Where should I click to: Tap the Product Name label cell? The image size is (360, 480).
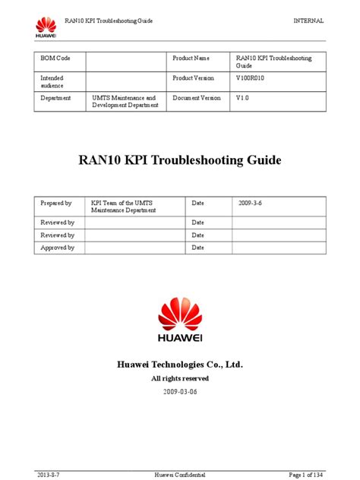(x=191, y=58)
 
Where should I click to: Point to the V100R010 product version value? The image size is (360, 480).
(x=252, y=78)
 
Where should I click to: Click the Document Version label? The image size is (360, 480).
(x=197, y=98)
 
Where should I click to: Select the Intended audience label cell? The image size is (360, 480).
(x=52, y=82)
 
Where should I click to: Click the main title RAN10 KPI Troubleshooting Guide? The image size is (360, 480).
(x=180, y=161)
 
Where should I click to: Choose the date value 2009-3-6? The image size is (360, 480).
(x=251, y=204)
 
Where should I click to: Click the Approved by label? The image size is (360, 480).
(x=57, y=248)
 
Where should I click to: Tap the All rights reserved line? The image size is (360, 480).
(x=180, y=378)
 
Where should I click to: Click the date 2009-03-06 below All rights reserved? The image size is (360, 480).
(x=180, y=393)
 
